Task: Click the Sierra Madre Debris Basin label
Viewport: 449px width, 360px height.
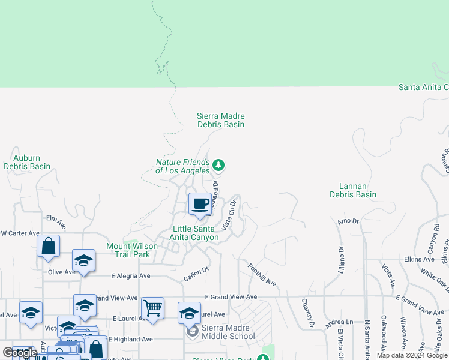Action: [x=221, y=120]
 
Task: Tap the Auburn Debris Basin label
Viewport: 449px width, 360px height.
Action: [x=27, y=162]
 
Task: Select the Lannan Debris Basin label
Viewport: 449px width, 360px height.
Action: [x=353, y=190]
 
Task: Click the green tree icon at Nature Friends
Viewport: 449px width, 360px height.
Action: [x=218, y=165]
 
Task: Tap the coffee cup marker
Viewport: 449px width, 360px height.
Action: [x=200, y=203]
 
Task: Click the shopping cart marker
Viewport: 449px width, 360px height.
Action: [x=152, y=308]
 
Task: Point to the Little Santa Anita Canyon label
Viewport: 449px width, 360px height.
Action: [x=196, y=233]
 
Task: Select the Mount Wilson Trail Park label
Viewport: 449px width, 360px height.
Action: [x=132, y=250]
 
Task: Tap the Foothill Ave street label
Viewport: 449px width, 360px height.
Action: [x=262, y=274]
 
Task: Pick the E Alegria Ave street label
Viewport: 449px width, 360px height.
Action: [x=131, y=276]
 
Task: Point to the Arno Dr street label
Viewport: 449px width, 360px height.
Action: [x=348, y=222]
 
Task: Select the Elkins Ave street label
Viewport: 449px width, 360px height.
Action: [x=420, y=259]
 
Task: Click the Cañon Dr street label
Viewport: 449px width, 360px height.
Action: [x=196, y=274]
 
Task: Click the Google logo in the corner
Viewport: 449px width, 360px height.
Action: [x=19, y=353]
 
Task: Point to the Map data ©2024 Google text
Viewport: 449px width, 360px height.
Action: [x=412, y=355]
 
